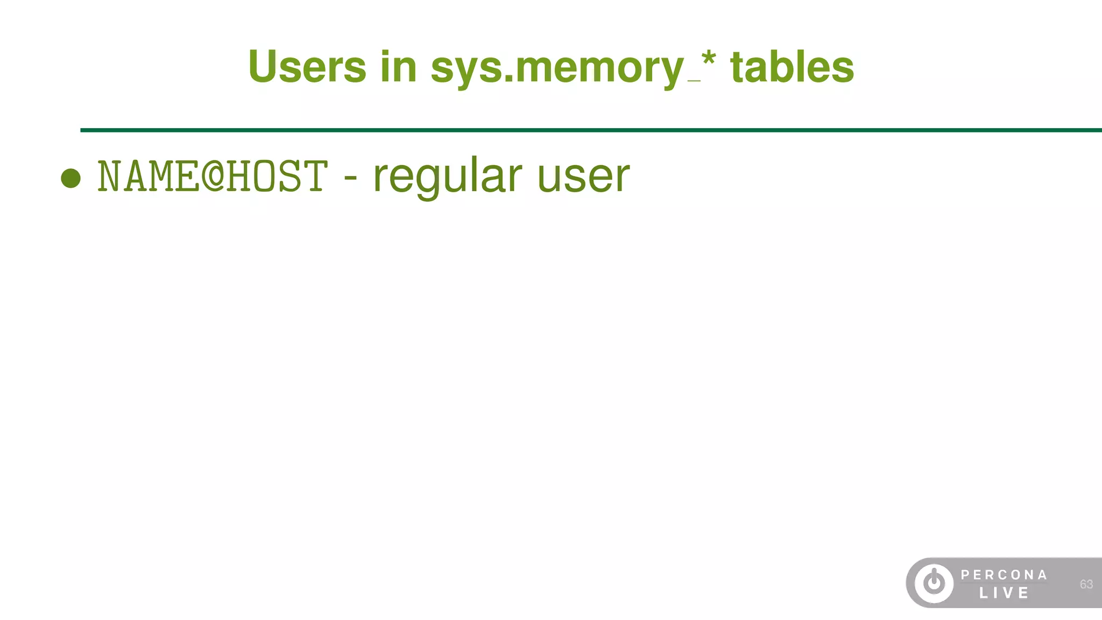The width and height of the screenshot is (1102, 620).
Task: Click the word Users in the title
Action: pos(307,67)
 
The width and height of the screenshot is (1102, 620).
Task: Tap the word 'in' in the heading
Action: pos(398,67)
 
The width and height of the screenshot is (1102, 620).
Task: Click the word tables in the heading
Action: pos(792,67)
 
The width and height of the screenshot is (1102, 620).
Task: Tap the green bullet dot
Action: pos(71,178)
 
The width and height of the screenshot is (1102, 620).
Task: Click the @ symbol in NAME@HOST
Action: pos(213,176)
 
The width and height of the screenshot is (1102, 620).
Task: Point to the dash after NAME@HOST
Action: pos(350,178)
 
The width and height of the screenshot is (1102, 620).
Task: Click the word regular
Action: pos(447,177)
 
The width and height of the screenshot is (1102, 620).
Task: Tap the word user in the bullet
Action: pos(583,177)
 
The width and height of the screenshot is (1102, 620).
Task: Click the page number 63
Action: pos(1086,584)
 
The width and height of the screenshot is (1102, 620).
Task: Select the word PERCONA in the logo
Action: pos(1004,575)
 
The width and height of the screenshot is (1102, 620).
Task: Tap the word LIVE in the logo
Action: pos(1004,593)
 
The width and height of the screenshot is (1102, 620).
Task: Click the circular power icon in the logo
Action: pos(934,583)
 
